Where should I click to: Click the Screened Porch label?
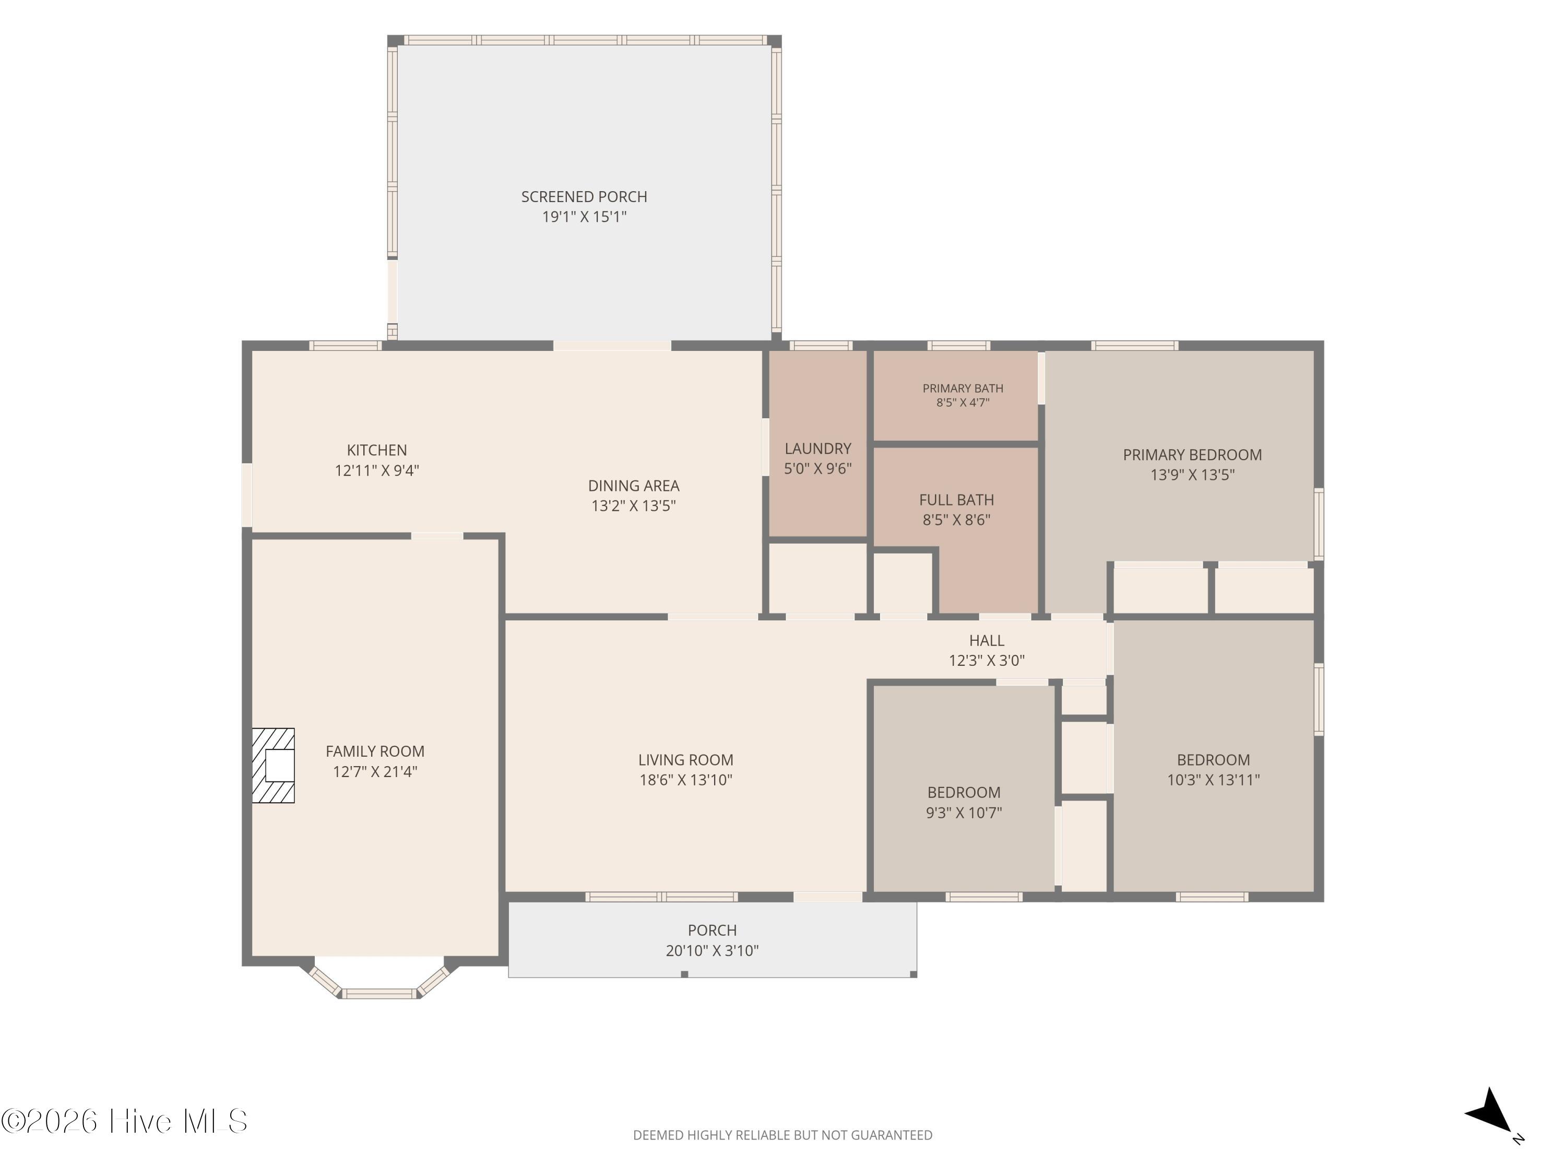click(584, 197)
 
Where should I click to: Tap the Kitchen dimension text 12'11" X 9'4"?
click(377, 471)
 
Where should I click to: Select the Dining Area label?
click(634, 486)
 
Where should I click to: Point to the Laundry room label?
click(817, 448)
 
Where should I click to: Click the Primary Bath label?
click(963, 388)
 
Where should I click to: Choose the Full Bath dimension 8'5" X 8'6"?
click(956, 520)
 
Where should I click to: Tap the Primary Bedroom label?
click(1192, 455)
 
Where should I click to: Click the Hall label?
click(987, 640)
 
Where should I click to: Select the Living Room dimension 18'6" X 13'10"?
click(685, 780)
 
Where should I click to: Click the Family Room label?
click(375, 751)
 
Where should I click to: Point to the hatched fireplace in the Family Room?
click(274, 766)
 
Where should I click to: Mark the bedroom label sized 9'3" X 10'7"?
click(964, 793)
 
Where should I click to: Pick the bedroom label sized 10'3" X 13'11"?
click(1214, 760)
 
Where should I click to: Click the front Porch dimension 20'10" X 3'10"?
click(712, 950)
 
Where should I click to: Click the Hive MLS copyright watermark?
click(125, 1121)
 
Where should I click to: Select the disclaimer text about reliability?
click(782, 1135)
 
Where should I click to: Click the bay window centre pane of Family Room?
click(379, 994)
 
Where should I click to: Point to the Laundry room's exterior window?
click(821, 346)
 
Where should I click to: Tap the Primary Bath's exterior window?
click(958, 346)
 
